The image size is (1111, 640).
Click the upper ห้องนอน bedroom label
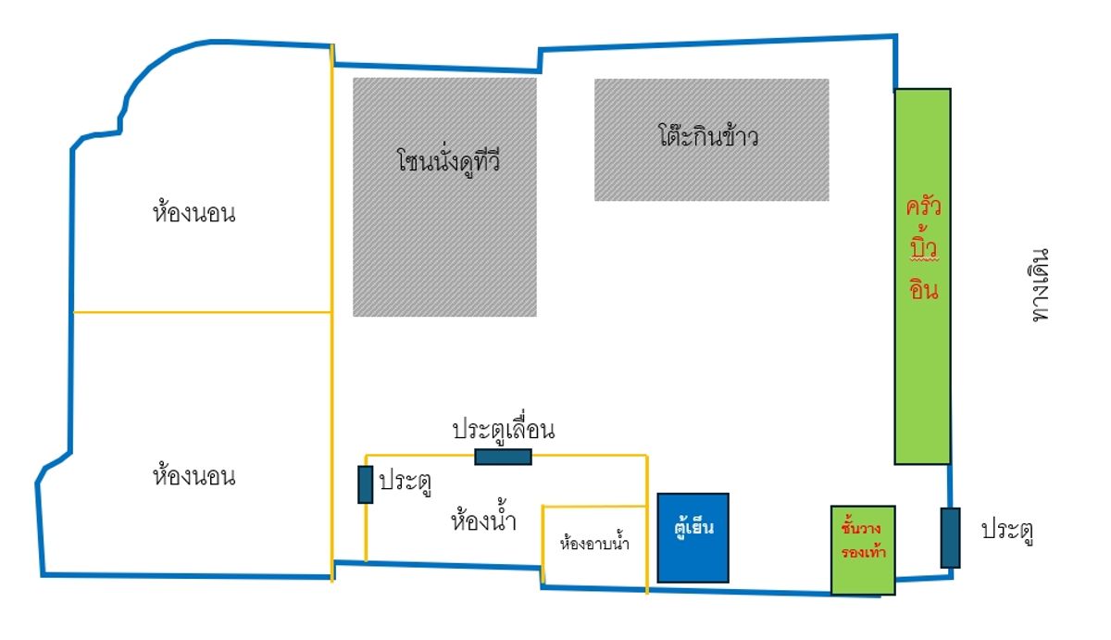pos(193,214)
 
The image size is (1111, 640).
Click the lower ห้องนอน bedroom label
pos(193,477)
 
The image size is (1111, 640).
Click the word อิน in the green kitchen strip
pos(922,289)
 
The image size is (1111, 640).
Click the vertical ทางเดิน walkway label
pos(1041,283)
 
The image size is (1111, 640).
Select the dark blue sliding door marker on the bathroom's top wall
pos(503,456)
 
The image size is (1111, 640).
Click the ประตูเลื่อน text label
pos(503,431)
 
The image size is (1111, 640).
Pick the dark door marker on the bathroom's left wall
pos(366,484)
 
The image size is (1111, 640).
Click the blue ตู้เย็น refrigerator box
pos(693,537)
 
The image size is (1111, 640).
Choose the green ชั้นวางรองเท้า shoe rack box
pos(863,549)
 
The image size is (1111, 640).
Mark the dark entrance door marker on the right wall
pos(950,537)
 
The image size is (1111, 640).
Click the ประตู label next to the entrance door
pos(1007,531)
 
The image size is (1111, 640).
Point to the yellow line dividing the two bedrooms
pos(202,312)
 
